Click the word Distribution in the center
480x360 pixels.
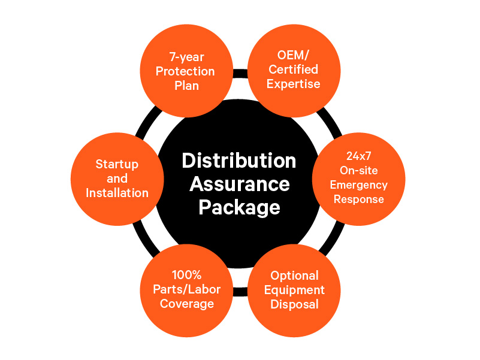coord(239,161)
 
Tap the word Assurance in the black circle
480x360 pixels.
coord(240,184)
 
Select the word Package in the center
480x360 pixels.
coord(240,207)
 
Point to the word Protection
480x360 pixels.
coord(185,71)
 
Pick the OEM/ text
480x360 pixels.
coord(293,55)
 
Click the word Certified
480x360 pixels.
coord(293,69)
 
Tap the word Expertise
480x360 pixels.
coord(293,84)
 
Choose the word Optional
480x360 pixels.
coord(294,276)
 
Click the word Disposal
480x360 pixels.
coord(294,304)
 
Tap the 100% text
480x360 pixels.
coord(186,275)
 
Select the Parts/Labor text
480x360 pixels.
coord(186,289)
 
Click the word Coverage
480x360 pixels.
coord(186,304)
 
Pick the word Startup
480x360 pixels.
coord(117,164)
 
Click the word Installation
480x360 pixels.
coord(117,193)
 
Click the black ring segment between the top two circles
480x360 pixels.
coord(240,74)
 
